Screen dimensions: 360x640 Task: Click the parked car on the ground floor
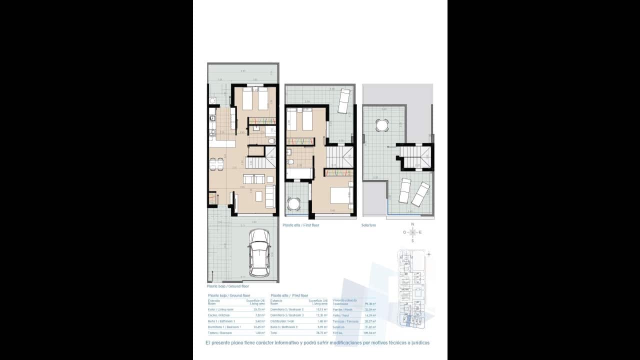click(259, 252)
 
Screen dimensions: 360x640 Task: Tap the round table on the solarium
click(382, 125)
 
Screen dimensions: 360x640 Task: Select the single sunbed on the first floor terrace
click(344, 101)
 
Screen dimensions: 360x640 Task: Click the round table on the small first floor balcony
click(293, 203)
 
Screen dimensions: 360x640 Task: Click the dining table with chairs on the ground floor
click(216, 163)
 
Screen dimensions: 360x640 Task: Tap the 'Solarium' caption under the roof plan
click(368, 225)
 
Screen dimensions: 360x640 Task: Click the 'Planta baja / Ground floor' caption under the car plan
click(227, 286)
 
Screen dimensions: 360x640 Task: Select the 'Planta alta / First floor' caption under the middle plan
click(300, 225)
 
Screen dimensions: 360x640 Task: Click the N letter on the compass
click(412, 224)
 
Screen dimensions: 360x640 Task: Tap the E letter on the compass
click(420, 232)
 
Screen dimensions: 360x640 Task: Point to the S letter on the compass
click(412, 240)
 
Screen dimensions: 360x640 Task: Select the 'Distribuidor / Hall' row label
click(281, 321)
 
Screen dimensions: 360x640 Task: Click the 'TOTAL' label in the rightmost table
click(338, 332)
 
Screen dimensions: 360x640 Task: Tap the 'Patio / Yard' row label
click(340, 315)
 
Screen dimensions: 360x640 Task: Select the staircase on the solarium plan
click(414, 156)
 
